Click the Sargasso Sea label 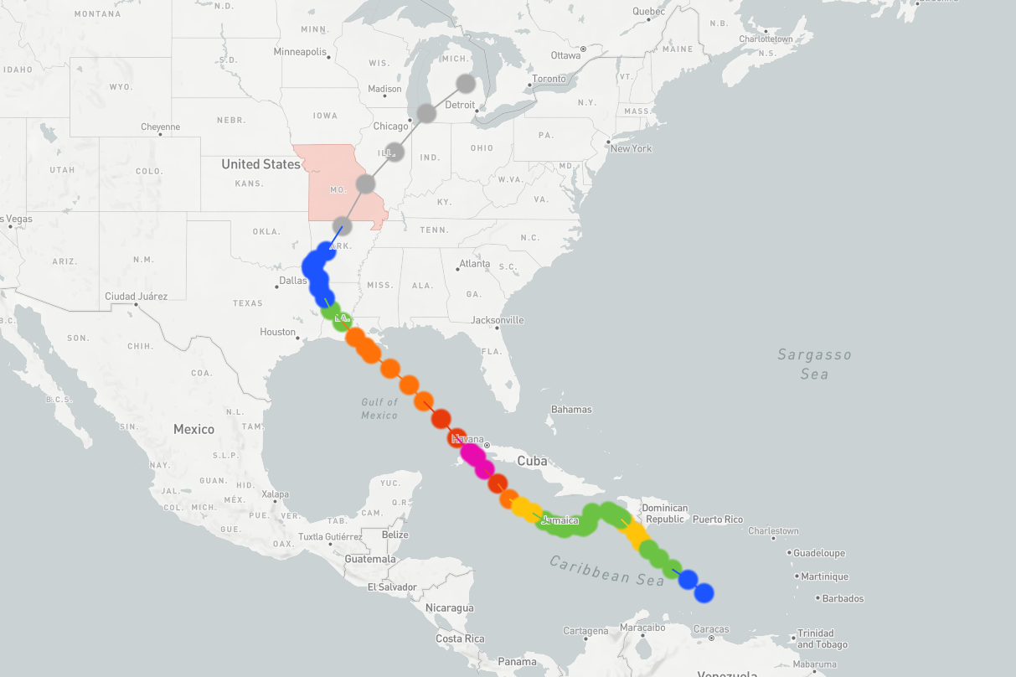click(814, 364)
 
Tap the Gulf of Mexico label click(379, 409)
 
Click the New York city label click(631, 148)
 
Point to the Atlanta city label click(475, 264)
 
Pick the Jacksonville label click(497, 320)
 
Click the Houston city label click(277, 332)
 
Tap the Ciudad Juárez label click(136, 297)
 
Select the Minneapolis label click(300, 52)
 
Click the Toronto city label click(549, 79)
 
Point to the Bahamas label click(571, 410)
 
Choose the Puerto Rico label click(717, 519)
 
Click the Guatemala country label click(369, 559)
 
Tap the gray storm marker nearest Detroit click(466, 83)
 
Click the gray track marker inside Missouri click(365, 183)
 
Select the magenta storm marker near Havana click(472, 455)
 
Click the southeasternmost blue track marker click(704, 592)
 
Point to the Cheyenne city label click(160, 127)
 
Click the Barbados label click(843, 598)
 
